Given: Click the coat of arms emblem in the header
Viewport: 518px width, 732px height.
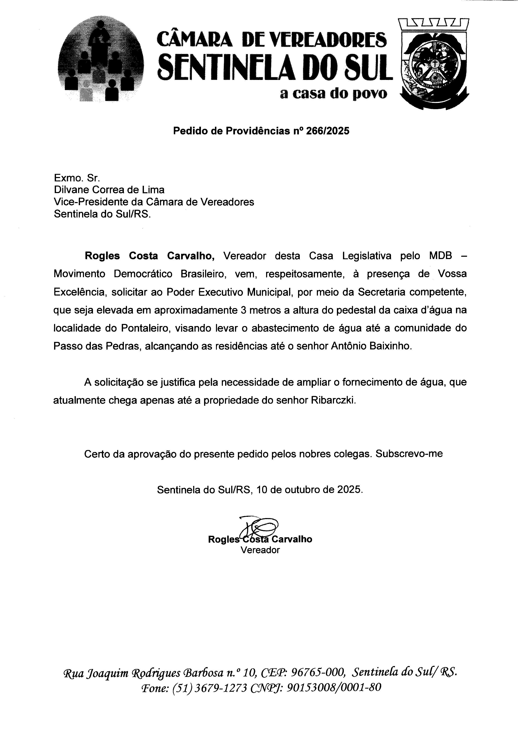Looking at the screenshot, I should coord(434,64).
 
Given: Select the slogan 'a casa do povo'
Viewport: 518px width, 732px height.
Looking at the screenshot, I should coord(333,93).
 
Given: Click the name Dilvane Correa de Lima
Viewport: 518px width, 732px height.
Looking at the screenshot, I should coord(109,190).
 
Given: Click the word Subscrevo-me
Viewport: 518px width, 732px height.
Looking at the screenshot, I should coord(409,454).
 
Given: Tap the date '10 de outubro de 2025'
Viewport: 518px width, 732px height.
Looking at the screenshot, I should coord(309,489).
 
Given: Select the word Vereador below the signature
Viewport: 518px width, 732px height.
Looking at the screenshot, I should coord(260,550).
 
